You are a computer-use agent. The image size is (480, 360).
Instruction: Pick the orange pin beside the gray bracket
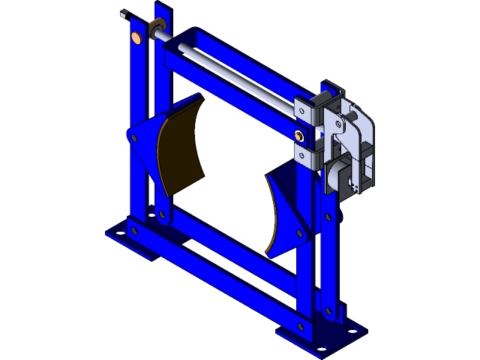pyautogui.click(x=300, y=136)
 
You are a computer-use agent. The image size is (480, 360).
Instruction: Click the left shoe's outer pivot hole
pyautogui.click(x=133, y=138)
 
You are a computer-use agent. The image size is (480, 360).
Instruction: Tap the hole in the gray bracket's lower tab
pyautogui.click(x=303, y=159)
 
